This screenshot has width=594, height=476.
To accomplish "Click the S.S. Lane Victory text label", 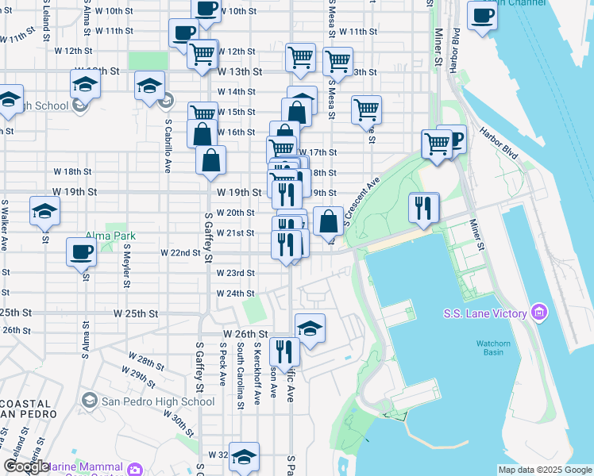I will [x=485, y=313].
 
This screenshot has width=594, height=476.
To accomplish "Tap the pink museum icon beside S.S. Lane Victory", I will [x=541, y=313].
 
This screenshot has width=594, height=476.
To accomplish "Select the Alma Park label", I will [x=110, y=236].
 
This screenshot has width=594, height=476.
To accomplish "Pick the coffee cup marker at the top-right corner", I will [x=482, y=15].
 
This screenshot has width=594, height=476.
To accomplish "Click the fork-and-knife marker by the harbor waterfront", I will [x=423, y=208].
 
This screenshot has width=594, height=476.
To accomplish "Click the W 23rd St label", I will [x=237, y=273].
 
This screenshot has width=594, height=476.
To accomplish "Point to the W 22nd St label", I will [x=179, y=252].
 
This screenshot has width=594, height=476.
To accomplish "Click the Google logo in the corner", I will [x=25, y=466].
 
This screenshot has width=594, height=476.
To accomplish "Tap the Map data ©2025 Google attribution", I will [x=545, y=470].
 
